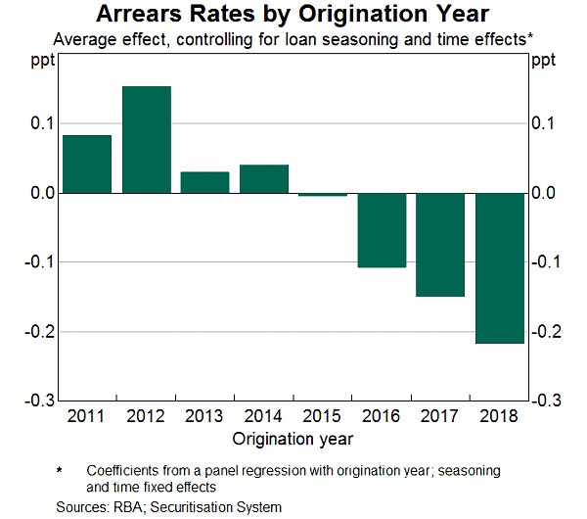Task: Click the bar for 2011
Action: tap(87, 165)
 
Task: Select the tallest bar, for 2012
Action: tap(147, 140)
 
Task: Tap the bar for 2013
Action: tap(205, 183)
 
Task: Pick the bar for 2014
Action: tap(264, 179)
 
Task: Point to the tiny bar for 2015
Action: tap(323, 195)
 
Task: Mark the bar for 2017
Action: tap(440, 245)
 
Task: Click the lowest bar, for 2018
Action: tap(500, 268)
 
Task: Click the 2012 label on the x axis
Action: tap(147, 416)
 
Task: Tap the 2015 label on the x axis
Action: tap(323, 416)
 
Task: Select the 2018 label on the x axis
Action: tap(500, 416)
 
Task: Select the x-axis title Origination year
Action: tap(293, 438)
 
